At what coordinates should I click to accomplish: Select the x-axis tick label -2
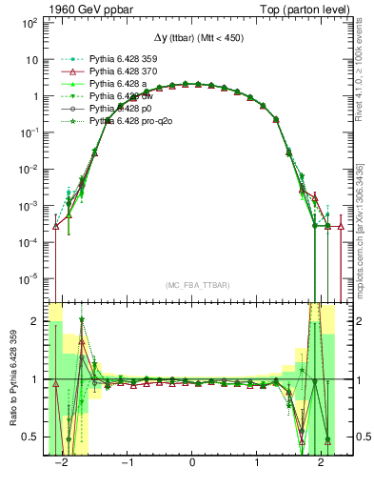tap(63, 462)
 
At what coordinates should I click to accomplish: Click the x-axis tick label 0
tap(193, 462)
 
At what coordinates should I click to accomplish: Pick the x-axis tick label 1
tap(257, 462)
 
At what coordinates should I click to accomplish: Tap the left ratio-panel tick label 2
tap(34, 321)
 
